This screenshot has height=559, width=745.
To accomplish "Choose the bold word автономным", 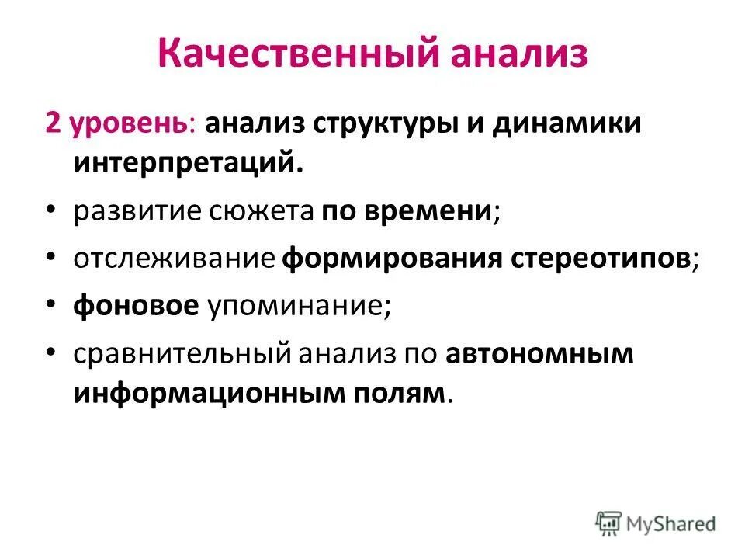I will point(540,354).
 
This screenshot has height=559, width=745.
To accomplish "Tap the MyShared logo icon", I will point(609,523).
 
